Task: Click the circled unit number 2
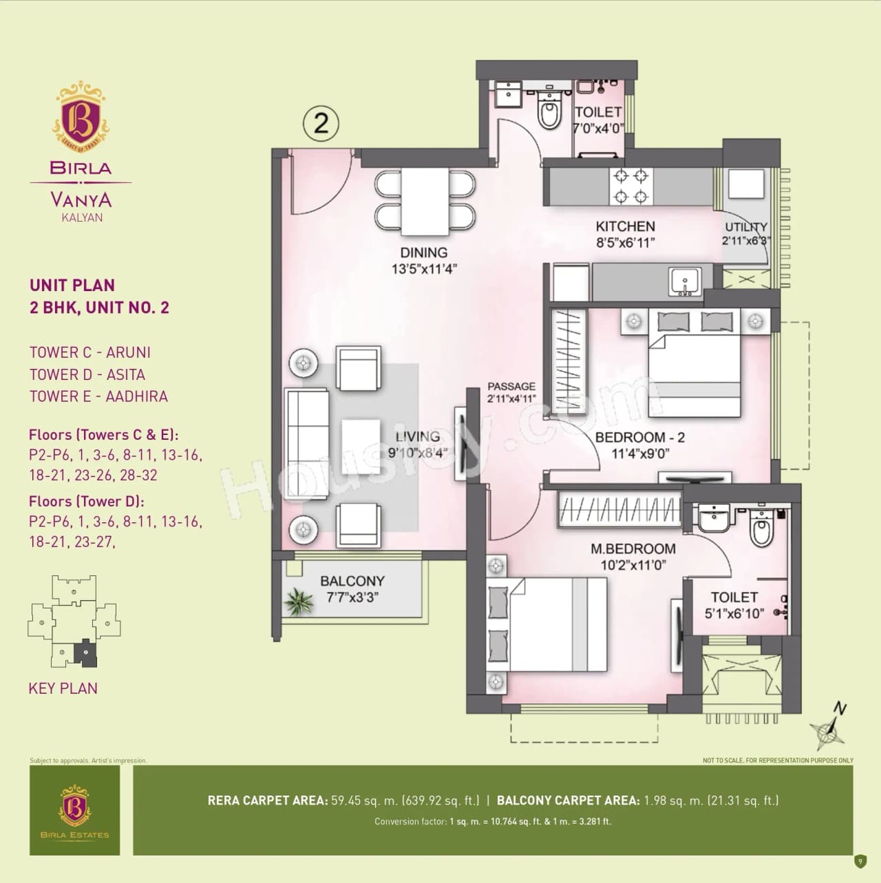coord(321,124)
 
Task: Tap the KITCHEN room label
coord(625,226)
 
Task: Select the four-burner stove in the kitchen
coord(631,186)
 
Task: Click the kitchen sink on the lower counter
coord(684,281)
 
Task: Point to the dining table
coord(424,201)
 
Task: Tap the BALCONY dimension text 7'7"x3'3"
coord(352,597)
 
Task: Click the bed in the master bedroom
coord(548,624)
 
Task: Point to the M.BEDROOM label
coord(633,549)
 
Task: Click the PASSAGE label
coord(511,386)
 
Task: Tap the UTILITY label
coord(745,226)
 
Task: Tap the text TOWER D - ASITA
coord(87,374)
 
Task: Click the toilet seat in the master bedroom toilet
coord(761,532)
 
